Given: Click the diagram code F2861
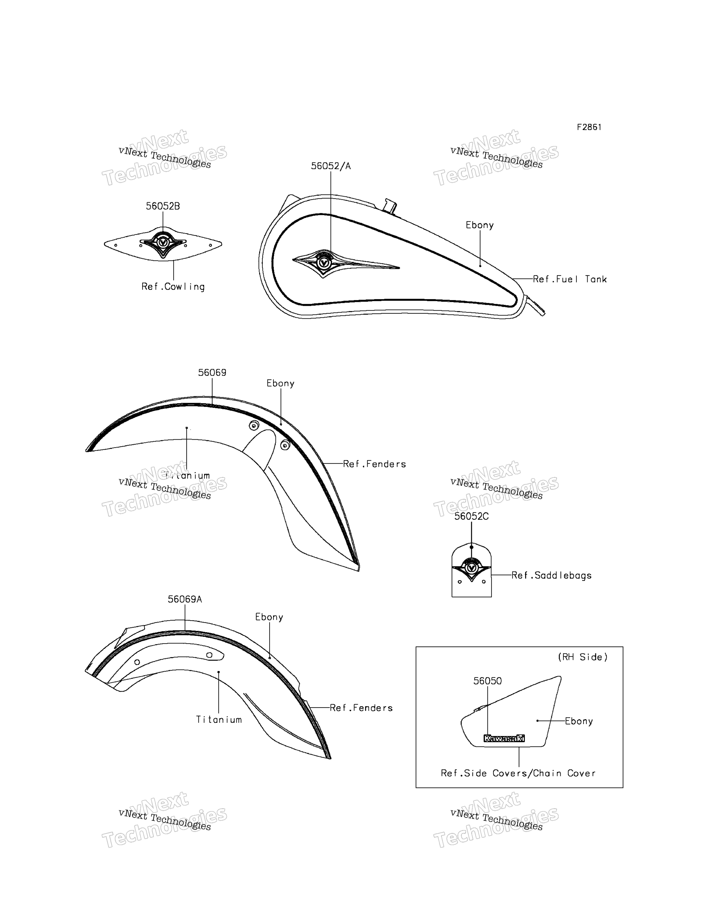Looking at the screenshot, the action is pos(589,127).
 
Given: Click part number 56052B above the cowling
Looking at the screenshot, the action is pos(163,206).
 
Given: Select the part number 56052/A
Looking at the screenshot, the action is pos(331,166).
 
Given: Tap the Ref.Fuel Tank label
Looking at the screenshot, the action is pos(570,279).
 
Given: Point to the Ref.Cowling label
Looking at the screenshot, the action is pos(173,287).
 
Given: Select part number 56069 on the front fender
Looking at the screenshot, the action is pos(212,373).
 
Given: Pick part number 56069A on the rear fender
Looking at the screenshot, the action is pos(185,599).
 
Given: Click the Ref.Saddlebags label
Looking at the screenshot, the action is pos(551,575).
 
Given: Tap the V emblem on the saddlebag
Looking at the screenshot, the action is pos(471,568).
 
